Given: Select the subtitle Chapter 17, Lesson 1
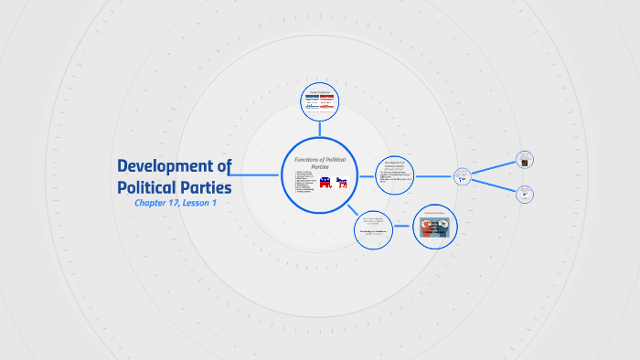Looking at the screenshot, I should [174, 203].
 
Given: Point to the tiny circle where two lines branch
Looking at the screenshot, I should [463, 175].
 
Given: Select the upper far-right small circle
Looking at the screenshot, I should [524, 160].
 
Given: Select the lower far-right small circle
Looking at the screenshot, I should [524, 194].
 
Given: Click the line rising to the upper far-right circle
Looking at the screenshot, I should [494, 167].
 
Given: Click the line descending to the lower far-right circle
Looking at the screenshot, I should [494, 184].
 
